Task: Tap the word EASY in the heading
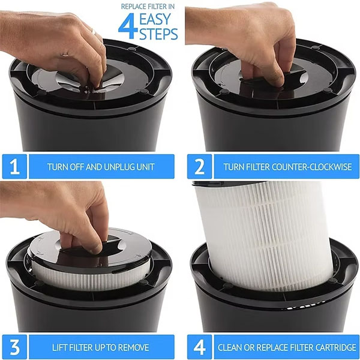pos(155,19)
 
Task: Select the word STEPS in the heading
pos(158,34)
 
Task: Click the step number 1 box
pos(14,166)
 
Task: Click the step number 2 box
pos(199,166)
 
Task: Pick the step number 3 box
pos(14,347)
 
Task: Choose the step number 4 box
pos(199,347)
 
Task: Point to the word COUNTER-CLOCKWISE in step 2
pos(311,167)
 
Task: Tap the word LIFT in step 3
pos(59,347)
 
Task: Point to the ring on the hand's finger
pos(94,31)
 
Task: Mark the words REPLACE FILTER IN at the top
pos(148,7)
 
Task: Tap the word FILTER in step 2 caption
pos(257,167)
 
